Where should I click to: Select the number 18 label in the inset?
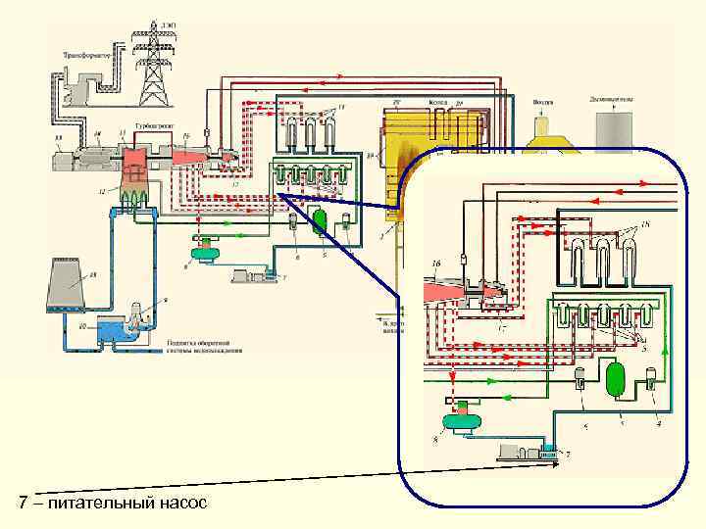tap(644, 228)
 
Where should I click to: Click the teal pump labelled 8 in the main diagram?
tap(208, 254)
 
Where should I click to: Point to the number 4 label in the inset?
tap(658, 424)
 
